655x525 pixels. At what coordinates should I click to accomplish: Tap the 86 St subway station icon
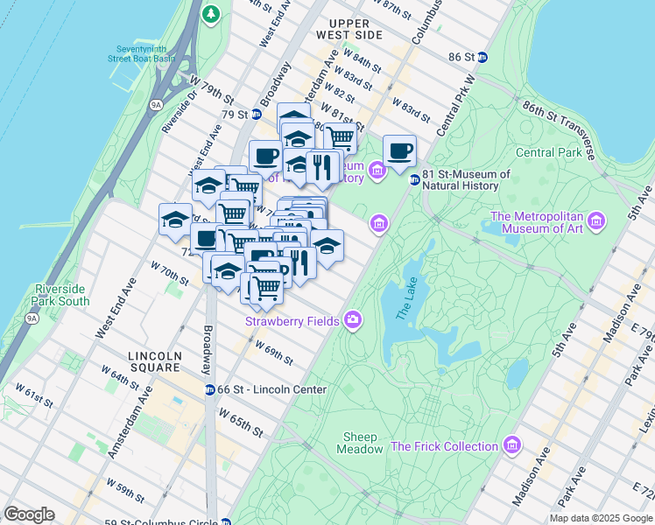[482, 57]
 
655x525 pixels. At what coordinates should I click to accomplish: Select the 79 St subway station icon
[256, 115]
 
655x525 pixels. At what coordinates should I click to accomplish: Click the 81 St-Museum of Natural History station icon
[414, 179]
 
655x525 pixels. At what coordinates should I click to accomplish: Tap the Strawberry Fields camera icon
[353, 319]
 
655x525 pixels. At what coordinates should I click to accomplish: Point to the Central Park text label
[549, 152]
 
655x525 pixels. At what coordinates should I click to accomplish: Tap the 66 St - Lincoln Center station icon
[210, 389]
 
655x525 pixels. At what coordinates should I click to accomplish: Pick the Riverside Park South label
[61, 295]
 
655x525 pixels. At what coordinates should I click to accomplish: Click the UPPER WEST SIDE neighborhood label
[356, 28]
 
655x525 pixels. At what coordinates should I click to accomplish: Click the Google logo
[29, 514]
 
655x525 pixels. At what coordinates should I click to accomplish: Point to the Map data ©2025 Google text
[600, 518]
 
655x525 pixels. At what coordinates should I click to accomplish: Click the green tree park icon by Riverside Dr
[211, 14]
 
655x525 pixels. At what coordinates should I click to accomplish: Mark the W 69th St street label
[273, 354]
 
